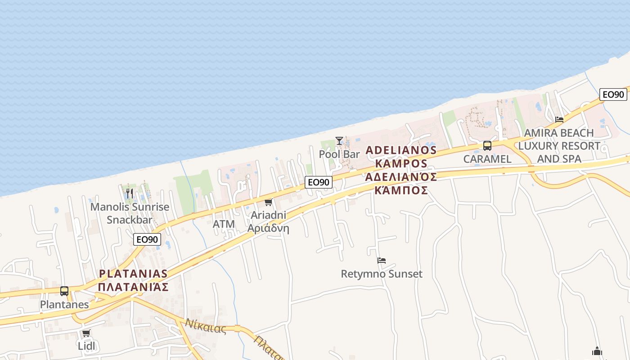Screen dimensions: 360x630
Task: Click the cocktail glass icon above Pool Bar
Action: click(x=339, y=141)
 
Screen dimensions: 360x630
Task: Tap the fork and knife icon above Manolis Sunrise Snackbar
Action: click(x=130, y=193)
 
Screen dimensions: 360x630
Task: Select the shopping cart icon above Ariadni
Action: click(x=269, y=202)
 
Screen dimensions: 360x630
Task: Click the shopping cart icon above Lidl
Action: click(x=86, y=333)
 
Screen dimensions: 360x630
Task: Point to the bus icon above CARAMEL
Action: click(x=487, y=145)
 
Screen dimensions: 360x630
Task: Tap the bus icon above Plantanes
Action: click(x=64, y=291)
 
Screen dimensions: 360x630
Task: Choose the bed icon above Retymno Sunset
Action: click(x=382, y=260)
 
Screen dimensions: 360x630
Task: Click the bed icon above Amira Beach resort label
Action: click(x=559, y=119)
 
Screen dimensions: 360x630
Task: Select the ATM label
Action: click(x=224, y=224)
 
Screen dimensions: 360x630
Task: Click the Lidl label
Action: click(x=86, y=346)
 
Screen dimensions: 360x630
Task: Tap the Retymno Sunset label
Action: click(x=382, y=274)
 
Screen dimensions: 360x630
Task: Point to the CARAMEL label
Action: click(x=487, y=159)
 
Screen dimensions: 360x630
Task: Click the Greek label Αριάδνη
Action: click(x=268, y=228)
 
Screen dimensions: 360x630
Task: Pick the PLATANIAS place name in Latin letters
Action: click(x=133, y=274)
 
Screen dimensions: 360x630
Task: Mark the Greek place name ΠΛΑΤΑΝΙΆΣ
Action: click(x=133, y=287)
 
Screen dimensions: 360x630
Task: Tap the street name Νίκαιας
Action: click(x=206, y=326)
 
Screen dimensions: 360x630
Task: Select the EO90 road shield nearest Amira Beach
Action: click(x=613, y=94)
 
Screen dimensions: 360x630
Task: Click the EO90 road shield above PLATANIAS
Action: click(x=147, y=239)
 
